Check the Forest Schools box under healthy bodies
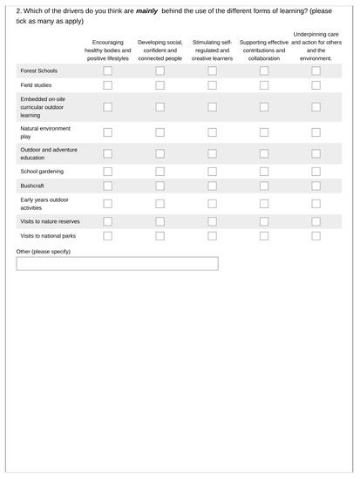108,71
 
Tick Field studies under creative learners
212,85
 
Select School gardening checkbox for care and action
316,171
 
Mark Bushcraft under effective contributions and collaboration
264,186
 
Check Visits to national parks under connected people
160,235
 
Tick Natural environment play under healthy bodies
108,132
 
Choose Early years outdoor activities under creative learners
212,204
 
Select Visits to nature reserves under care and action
316,221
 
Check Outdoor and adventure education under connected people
160,153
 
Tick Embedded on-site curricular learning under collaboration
264,107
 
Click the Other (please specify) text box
117,264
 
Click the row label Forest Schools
38,71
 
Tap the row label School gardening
41,171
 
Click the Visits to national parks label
48,235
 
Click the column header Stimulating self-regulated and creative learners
212,50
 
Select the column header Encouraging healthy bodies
108,50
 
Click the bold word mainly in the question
146,10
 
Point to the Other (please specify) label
44,251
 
